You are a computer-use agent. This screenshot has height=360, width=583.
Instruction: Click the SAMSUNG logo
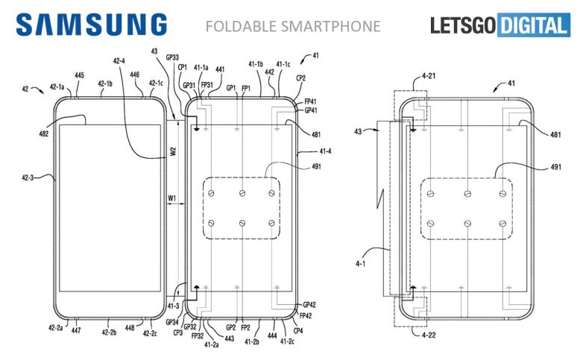91,25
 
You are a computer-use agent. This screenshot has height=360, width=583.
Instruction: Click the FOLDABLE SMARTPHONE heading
292,27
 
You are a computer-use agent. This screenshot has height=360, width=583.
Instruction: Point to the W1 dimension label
172,198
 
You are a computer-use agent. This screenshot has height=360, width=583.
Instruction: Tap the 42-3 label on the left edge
28,177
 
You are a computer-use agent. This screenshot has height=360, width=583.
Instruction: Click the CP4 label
298,329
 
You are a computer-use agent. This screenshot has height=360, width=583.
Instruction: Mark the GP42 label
310,305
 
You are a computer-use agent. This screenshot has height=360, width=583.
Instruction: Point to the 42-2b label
109,333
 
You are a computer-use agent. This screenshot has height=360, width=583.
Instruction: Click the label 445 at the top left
79,75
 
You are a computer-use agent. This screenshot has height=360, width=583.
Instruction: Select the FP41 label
310,101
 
